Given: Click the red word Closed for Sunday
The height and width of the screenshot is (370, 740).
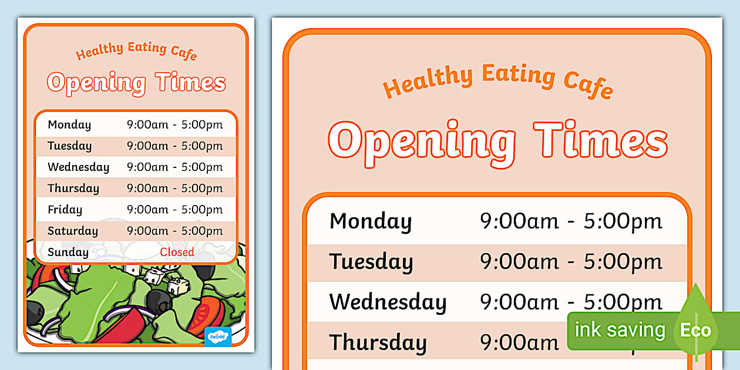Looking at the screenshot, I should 177,252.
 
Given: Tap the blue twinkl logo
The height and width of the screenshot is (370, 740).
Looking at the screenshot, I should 218,337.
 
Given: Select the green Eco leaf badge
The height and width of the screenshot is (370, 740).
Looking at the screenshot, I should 695,329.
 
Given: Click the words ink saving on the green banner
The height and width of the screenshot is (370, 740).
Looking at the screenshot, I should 619,329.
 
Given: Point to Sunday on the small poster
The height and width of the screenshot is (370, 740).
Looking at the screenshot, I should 68,252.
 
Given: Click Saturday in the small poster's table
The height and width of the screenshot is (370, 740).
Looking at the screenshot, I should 73,231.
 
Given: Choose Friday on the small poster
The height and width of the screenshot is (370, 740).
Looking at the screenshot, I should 65,210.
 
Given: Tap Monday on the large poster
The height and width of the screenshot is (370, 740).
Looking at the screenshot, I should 370,221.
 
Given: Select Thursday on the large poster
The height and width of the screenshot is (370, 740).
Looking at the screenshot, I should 378,342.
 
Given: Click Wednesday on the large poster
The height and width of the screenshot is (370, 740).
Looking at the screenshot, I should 388,302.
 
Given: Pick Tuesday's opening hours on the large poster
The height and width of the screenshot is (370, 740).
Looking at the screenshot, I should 571,262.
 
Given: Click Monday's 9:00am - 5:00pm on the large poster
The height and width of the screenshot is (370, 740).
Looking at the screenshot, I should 571,221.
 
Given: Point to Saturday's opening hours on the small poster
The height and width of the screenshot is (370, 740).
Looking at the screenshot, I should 175,231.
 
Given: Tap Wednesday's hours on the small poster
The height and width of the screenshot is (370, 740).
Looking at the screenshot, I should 175,167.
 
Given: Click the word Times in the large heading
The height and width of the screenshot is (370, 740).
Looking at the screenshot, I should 600,141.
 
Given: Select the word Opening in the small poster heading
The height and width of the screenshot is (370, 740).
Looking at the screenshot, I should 96,83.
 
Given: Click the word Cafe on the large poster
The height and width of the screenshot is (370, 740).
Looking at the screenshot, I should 588,82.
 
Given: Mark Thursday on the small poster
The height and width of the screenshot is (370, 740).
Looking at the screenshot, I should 73,189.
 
